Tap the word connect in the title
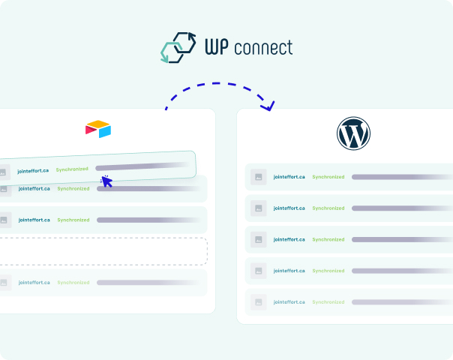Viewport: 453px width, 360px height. (263, 49)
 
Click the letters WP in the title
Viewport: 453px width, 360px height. (217, 47)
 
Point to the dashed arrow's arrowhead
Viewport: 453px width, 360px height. (268, 107)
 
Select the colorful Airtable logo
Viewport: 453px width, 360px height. (97, 129)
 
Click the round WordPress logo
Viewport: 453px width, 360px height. (353, 133)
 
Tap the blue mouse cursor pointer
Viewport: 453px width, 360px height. (106, 181)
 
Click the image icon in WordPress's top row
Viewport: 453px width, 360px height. (258, 177)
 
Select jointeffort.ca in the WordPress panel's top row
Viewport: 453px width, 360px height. (289, 177)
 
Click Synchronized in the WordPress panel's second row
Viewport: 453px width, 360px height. (328, 208)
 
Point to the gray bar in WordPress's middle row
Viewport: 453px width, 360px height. (401, 240)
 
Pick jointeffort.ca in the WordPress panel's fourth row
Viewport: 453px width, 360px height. (289, 271)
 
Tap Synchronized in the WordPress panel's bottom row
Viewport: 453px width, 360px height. (328, 302)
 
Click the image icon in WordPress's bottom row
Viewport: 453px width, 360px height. (258, 302)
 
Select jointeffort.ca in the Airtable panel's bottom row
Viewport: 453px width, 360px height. (34, 283)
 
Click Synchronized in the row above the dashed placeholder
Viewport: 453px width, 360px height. (73, 220)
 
